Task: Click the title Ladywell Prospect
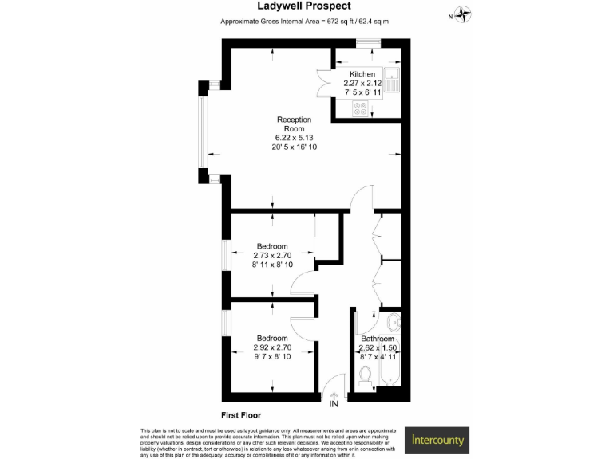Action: coord(306,6)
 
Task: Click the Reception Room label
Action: coord(294,124)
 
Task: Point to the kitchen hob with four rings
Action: coord(361,108)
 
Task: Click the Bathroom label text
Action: coord(378,339)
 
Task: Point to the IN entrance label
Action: coord(334,404)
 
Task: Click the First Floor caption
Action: coord(241,415)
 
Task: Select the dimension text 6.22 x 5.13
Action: coord(294,138)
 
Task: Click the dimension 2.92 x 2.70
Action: coord(272,347)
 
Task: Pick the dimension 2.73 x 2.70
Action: coord(272,256)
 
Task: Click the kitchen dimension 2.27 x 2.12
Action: coord(362,83)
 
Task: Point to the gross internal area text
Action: coord(305,22)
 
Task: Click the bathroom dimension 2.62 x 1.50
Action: coord(378,347)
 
